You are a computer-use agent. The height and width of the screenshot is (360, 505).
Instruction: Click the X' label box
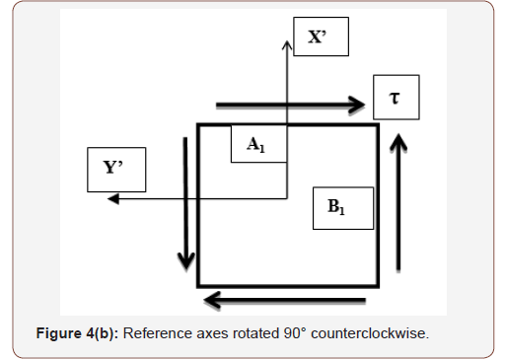pos(319,37)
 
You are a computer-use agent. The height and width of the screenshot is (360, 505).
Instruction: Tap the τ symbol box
pos(397,97)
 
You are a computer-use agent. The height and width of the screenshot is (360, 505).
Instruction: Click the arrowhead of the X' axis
pos(287,42)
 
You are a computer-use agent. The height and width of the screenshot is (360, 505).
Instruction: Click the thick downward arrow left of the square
pos(185,202)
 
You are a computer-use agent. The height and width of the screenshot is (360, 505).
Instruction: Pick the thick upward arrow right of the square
pos(397,202)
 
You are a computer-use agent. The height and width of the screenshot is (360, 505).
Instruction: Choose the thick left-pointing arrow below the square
pos(284,300)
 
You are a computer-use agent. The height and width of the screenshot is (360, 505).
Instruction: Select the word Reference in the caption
pos(158,333)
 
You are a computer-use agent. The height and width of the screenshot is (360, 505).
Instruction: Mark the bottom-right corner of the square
pos(377,284)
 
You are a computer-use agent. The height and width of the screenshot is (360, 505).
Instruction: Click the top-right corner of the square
pos(377,125)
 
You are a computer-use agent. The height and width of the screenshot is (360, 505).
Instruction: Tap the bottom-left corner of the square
pos(198,284)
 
